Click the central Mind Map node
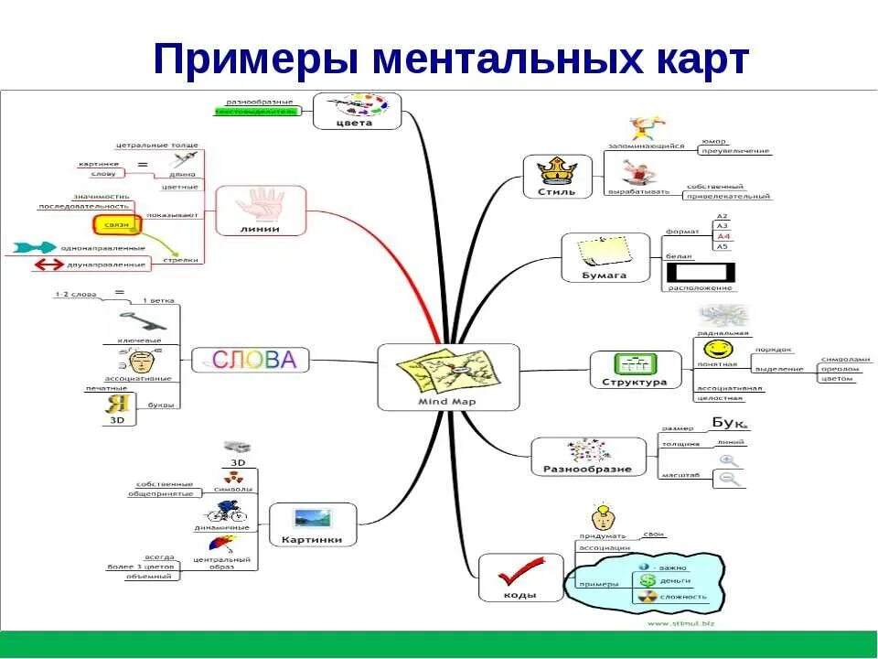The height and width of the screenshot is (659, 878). tap(447, 376)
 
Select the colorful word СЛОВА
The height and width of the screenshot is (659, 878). tap(254, 360)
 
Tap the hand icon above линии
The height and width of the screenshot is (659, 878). tap(261, 203)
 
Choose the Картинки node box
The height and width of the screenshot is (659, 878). tap(312, 525)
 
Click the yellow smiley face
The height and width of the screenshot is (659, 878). tap(718, 349)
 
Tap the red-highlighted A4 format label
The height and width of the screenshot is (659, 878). tap(723, 236)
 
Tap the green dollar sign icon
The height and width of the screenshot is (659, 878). tap(647, 581)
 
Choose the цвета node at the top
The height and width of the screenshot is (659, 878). tap(356, 111)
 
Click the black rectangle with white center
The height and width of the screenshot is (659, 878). tap(700, 272)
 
